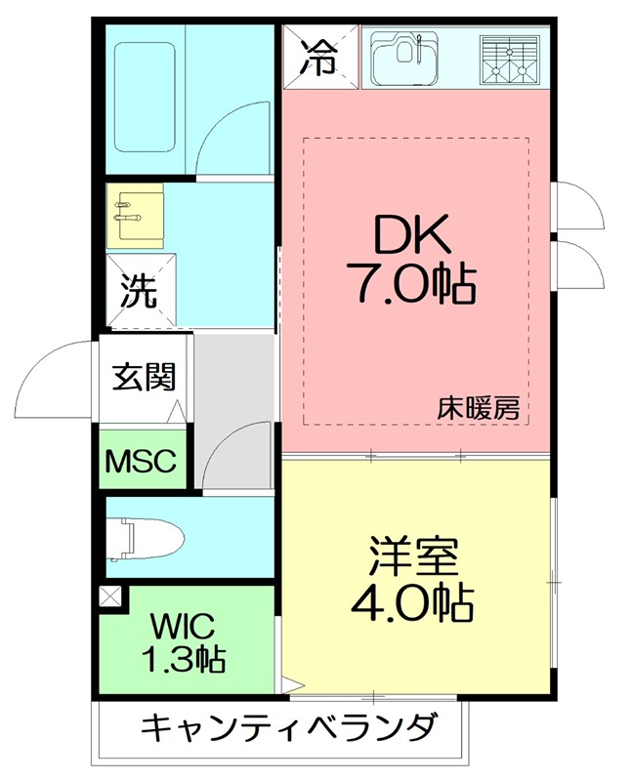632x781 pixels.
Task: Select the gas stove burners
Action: [509, 58]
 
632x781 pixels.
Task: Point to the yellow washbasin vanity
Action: [135, 213]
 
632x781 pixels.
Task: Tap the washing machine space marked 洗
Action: [141, 290]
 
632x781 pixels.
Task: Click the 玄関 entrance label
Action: [143, 377]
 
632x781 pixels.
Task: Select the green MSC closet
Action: [141, 458]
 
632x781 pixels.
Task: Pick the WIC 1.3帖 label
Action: [185, 641]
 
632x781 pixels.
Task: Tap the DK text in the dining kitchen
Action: [410, 237]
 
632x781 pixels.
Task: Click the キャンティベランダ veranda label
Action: [287, 727]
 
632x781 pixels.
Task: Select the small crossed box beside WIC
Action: [110, 596]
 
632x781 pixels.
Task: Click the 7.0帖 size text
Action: [410, 285]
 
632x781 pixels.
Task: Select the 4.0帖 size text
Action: [412, 604]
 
